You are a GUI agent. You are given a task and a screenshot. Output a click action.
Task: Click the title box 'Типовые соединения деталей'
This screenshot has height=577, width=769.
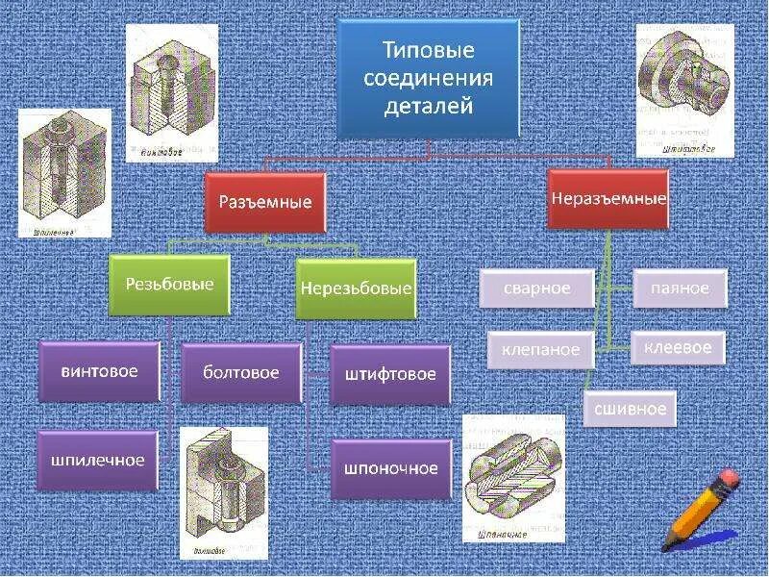coord(428,78)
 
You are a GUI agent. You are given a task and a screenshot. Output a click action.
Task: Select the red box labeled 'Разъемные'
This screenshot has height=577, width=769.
coord(265,203)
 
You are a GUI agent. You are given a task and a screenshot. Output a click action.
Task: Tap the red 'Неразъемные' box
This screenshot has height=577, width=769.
coord(608,199)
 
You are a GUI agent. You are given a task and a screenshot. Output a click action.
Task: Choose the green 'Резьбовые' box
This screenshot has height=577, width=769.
coord(169,285)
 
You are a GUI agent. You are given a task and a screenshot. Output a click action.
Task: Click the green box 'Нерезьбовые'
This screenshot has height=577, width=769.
coord(356,288)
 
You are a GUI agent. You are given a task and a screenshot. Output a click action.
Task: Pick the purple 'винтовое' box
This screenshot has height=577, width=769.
coord(98,371)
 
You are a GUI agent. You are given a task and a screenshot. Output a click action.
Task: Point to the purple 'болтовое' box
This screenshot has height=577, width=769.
coord(241,372)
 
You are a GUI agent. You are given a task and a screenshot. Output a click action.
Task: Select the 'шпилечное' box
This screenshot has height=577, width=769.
coord(98,460)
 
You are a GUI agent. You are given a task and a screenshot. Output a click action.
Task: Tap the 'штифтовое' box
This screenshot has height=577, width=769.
coord(390,374)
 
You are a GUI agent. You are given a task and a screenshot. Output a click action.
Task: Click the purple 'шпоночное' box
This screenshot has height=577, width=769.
coord(390,468)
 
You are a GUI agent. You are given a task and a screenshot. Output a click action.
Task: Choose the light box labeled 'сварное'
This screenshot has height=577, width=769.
coord(536,288)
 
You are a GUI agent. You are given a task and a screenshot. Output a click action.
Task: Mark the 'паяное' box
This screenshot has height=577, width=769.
coord(679,288)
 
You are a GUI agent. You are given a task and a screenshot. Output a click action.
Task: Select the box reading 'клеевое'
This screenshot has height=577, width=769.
coord(678,346)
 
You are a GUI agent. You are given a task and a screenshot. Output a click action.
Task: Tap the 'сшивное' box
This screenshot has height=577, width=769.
coord(631,408)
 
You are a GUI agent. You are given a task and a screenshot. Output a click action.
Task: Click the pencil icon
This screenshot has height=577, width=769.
coord(698,511)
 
